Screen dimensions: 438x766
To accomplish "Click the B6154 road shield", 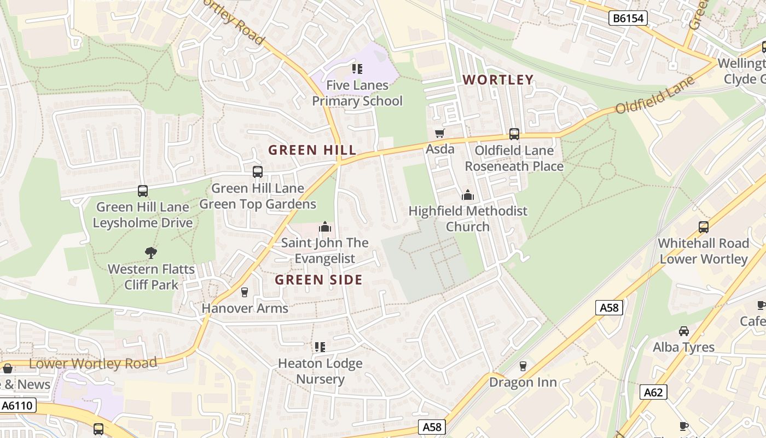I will [628, 18].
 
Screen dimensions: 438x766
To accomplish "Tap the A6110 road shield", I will [18, 406].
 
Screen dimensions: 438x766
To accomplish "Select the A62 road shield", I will [653, 392].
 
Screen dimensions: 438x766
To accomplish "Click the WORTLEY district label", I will [498, 80].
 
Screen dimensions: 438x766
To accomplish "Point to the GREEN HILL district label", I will [312, 150].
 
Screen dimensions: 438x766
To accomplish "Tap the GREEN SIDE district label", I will [318, 280].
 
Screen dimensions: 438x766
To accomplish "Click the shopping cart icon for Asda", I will [439, 133].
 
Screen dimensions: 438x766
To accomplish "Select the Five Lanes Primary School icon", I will [357, 69].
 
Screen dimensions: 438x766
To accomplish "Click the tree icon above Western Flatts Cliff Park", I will [151, 252].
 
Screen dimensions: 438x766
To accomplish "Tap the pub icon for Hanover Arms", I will [245, 292].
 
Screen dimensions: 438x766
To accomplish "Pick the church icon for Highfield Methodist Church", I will [467, 195].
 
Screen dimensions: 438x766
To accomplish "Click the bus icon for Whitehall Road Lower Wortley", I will [704, 227].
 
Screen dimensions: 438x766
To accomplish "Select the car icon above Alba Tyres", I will [684, 331].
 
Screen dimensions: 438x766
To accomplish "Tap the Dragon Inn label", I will [523, 382].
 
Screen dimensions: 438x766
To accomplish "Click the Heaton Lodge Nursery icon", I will [320, 347].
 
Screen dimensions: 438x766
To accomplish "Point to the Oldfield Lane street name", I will [655, 95].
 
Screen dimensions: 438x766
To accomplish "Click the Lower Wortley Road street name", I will [93, 363].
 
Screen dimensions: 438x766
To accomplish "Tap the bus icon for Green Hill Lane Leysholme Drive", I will [143, 191].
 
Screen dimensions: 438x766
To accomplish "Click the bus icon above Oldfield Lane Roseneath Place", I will [514, 134].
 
